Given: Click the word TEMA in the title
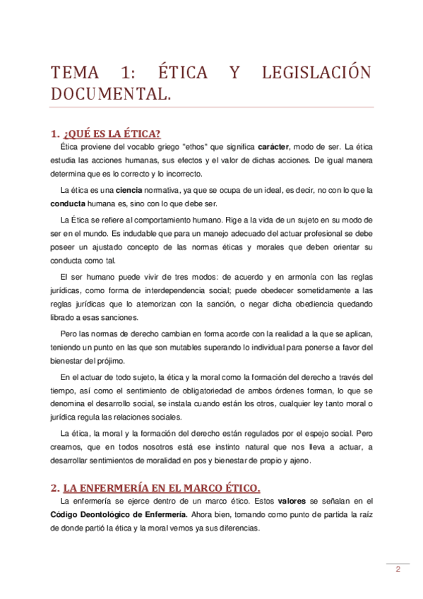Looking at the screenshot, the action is (x=73, y=73).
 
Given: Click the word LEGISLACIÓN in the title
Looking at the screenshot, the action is (x=316, y=73).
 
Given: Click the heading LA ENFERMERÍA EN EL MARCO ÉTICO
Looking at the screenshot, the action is (x=162, y=487).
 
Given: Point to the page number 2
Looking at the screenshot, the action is (x=398, y=569).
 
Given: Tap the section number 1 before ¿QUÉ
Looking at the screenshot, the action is (x=54, y=134).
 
